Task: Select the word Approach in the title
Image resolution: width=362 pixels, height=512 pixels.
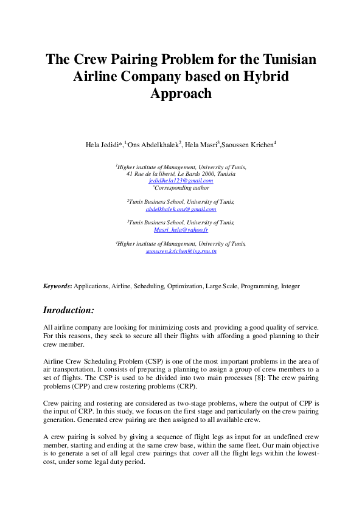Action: (181, 94)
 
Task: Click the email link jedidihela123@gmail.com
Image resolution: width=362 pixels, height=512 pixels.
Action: (181, 181)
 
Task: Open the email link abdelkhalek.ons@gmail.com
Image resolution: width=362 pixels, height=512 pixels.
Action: (181, 209)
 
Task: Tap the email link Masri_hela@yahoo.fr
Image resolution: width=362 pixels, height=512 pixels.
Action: (181, 230)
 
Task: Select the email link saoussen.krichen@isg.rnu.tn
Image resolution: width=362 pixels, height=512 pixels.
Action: (181, 251)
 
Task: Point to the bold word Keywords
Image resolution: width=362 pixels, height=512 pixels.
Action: (57, 286)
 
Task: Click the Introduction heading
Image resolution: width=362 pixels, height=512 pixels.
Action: (68, 310)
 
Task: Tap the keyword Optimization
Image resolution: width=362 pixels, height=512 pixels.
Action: (185, 286)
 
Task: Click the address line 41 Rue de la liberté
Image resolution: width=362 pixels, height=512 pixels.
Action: (181, 174)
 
